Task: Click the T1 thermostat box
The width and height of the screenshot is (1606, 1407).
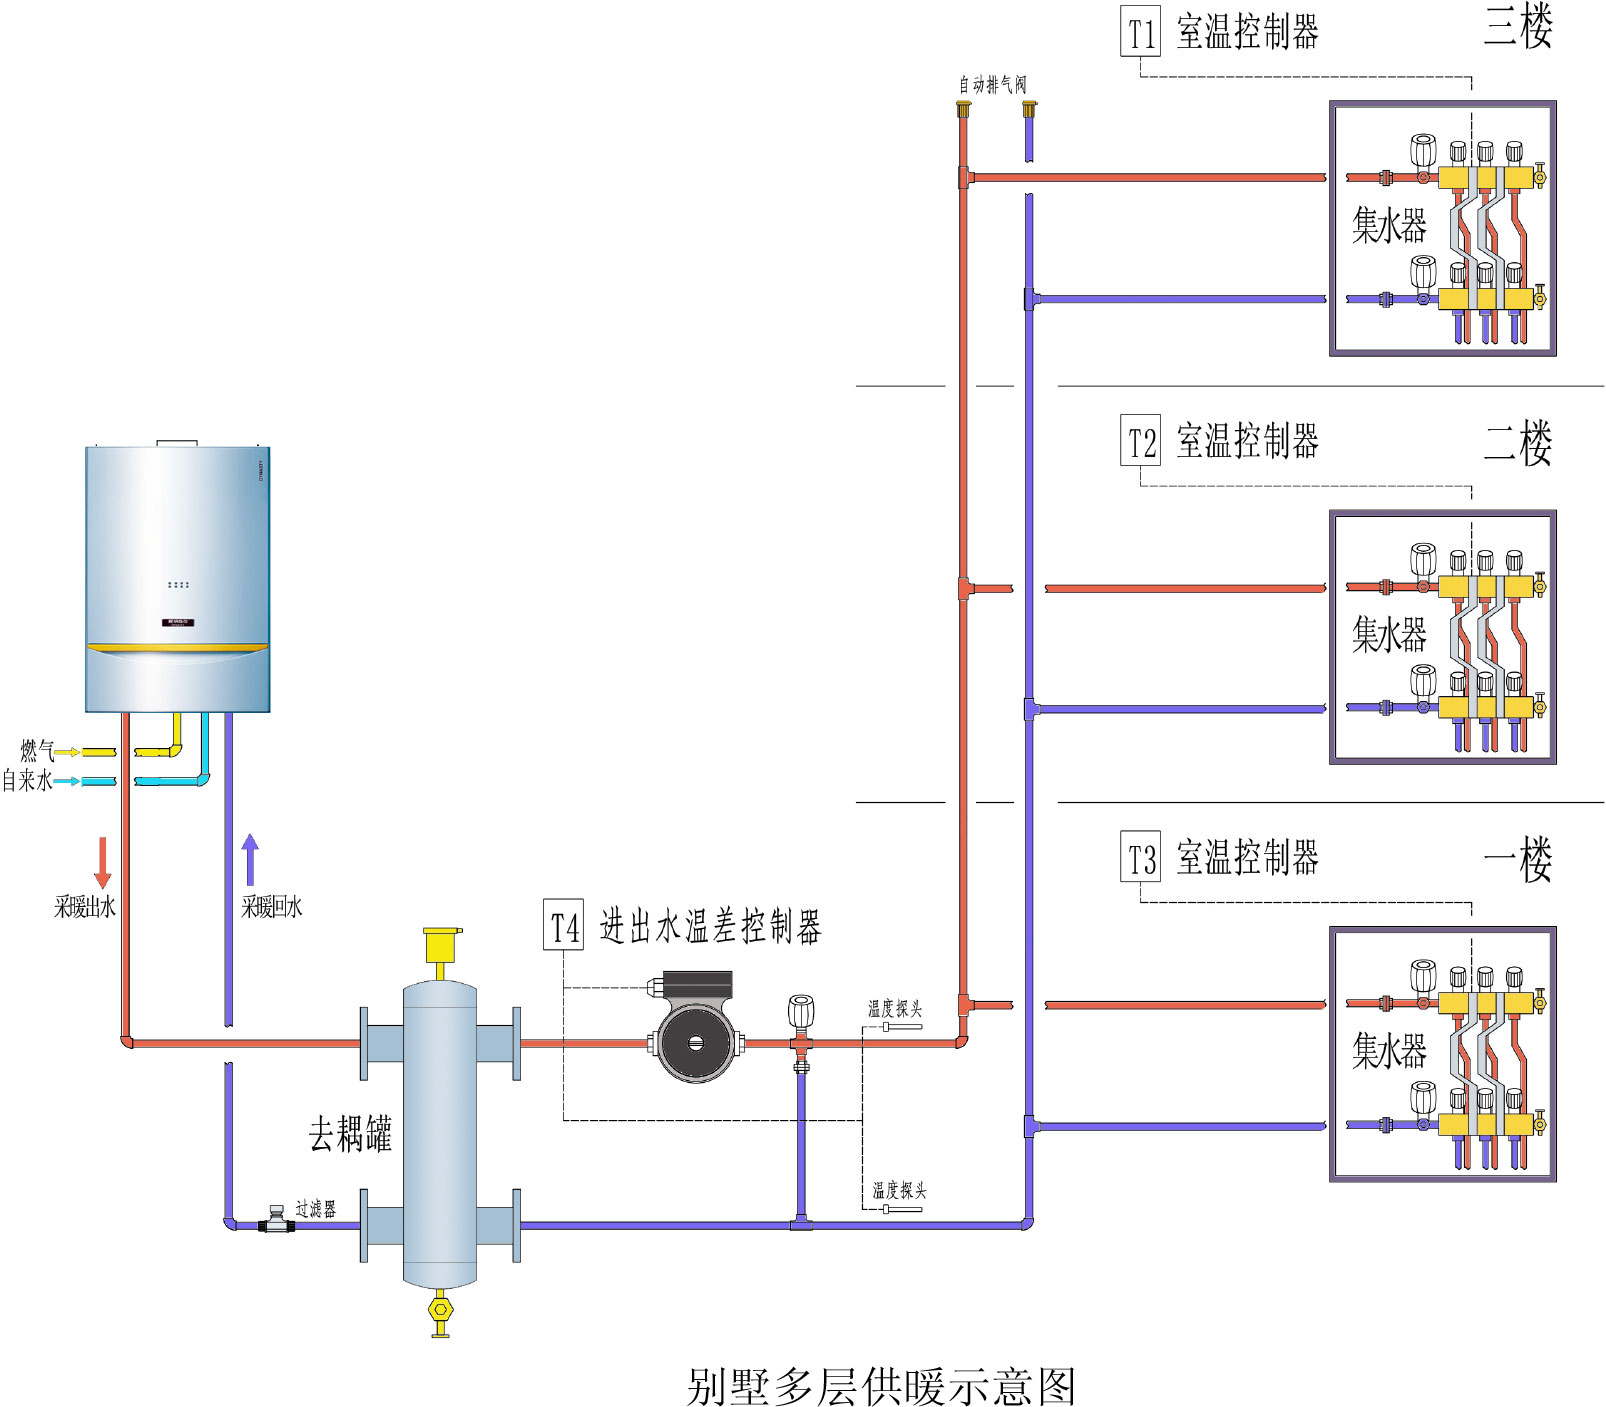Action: coord(1140,32)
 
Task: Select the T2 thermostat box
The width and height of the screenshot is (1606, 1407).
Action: coord(1140,441)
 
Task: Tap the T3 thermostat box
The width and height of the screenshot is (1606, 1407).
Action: coord(1140,857)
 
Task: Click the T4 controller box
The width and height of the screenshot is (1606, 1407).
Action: coord(564,926)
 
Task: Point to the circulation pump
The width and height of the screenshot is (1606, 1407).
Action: coord(697,1037)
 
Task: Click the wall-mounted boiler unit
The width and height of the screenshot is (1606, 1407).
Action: coord(177,579)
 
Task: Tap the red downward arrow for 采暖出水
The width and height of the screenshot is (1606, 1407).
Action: coord(102,862)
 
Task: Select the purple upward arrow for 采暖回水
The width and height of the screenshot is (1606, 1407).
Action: coord(250,859)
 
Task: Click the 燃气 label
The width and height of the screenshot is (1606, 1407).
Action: coord(36,750)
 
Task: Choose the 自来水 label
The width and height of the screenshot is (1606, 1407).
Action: coord(27,780)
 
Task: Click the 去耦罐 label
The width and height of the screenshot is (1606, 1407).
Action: coord(350,1134)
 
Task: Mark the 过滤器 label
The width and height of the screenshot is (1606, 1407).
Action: coord(316,1209)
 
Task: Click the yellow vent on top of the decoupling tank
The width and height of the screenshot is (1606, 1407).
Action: coord(440,946)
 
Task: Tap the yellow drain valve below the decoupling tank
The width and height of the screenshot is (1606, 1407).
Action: coord(440,1311)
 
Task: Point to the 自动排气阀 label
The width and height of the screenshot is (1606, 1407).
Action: coord(992,85)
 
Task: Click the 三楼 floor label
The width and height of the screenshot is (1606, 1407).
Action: coord(1517,27)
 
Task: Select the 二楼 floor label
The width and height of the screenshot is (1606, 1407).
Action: coord(1517,443)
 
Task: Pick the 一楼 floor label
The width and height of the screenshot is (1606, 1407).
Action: coord(1517,859)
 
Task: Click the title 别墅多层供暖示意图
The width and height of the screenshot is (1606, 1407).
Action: coord(881,1386)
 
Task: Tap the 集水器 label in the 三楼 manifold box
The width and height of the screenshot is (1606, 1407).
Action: coord(1389,226)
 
